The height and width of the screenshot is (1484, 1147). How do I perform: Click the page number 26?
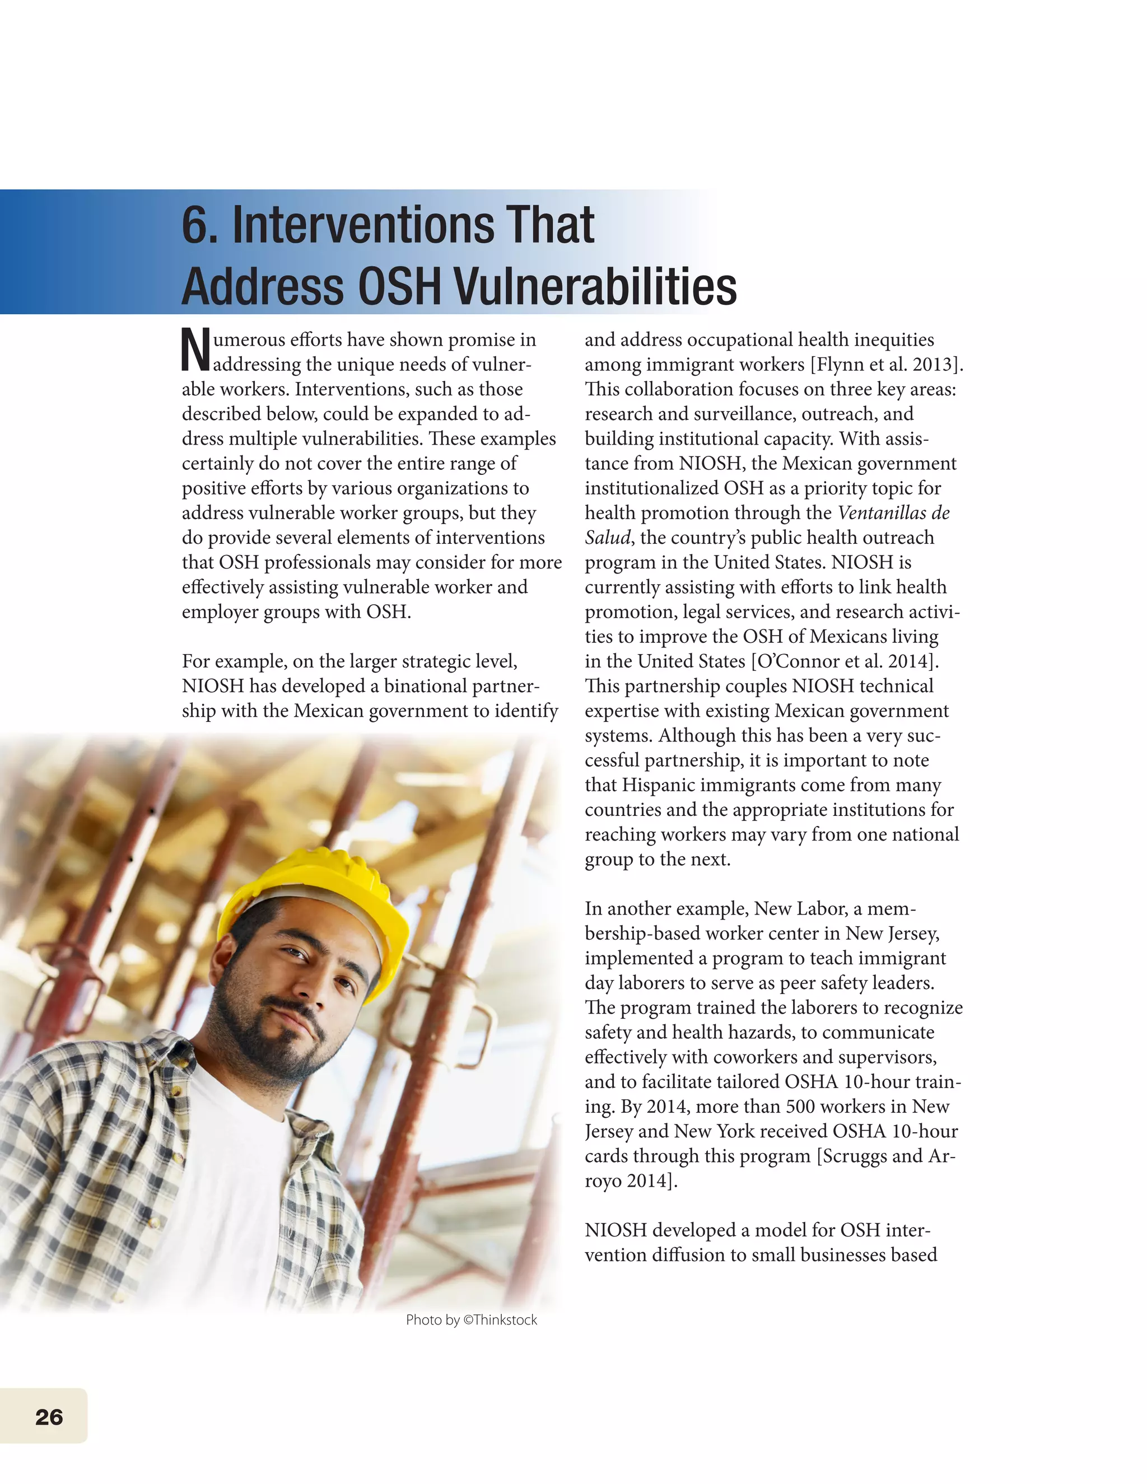tap(49, 1417)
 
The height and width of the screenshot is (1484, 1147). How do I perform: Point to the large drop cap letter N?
tap(195, 350)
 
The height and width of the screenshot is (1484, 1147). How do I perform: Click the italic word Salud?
tap(607, 538)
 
